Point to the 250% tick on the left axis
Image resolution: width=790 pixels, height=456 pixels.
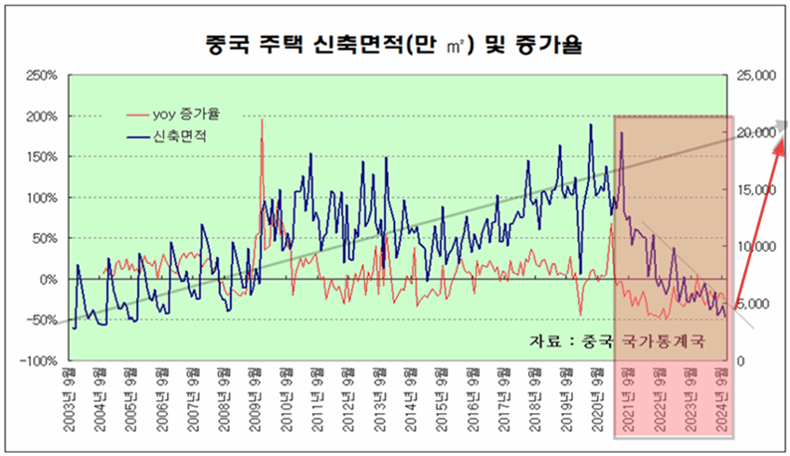[x=44, y=75]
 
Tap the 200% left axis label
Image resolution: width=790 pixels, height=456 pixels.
[x=44, y=115]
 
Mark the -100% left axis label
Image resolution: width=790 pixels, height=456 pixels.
[x=42, y=361]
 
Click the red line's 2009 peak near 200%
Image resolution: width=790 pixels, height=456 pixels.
[x=262, y=119]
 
